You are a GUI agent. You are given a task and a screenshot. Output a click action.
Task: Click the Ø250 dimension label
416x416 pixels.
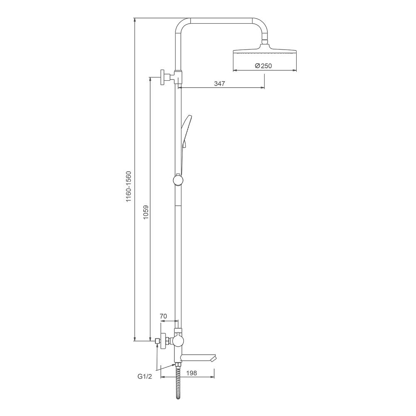click(x=263, y=66)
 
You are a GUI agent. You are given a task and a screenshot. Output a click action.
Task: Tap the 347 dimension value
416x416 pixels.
click(x=219, y=84)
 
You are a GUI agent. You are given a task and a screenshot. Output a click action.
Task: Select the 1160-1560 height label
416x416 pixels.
click(x=129, y=186)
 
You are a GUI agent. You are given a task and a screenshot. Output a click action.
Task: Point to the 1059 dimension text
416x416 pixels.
click(x=146, y=212)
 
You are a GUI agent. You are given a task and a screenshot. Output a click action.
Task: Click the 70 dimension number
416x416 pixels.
click(x=163, y=316)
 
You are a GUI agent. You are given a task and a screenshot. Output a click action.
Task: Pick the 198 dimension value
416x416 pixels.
click(x=191, y=373)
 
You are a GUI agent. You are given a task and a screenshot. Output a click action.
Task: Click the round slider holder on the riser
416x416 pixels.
click(x=178, y=180)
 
